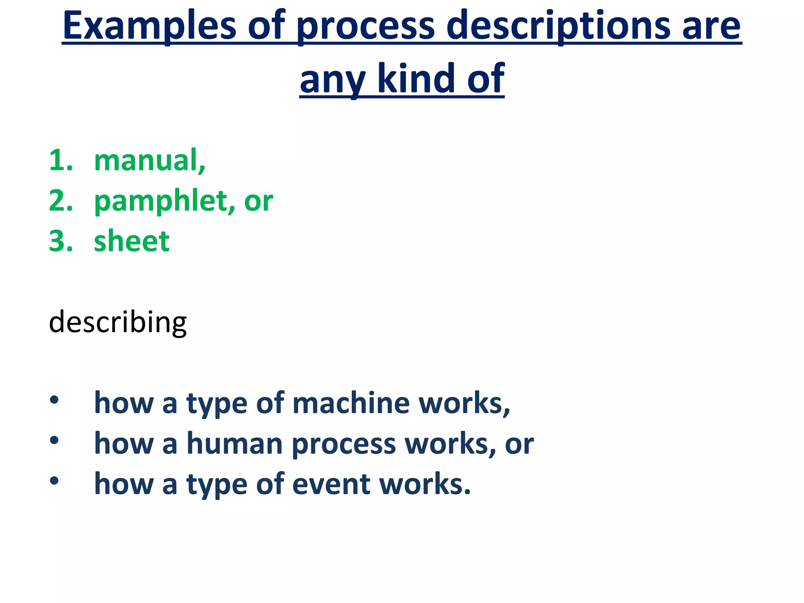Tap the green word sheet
point(132,241)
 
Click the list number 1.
point(60,161)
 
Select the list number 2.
point(60,201)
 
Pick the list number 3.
point(60,241)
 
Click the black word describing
point(117,322)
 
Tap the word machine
point(351,403)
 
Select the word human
point(234,444)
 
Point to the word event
point(331,484)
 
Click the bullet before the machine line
point(54,400)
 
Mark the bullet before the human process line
point(54,440)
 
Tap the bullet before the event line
point(54,481)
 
